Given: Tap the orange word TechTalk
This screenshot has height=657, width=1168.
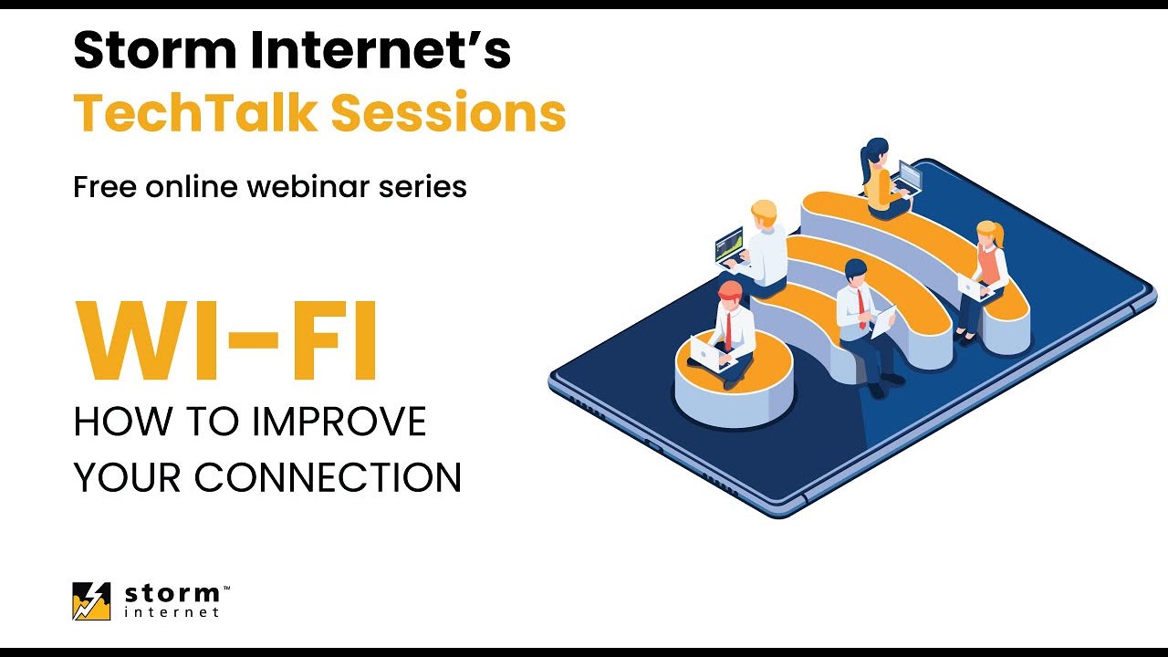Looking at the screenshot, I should tap(195, 113).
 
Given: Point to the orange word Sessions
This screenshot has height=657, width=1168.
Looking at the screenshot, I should tap(448, 113).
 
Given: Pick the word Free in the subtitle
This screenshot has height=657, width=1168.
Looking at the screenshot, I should tap(103, 187).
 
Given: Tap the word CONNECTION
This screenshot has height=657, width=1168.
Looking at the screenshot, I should tap(328, 477).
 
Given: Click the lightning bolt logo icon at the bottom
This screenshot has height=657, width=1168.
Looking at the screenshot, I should tap(91, 601).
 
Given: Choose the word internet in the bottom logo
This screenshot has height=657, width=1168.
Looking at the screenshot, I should tap(172, 612).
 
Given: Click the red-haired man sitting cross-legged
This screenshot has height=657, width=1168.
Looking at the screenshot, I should tap(727, 328).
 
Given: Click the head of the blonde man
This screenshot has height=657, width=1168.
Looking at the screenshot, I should tap(763, 214).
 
